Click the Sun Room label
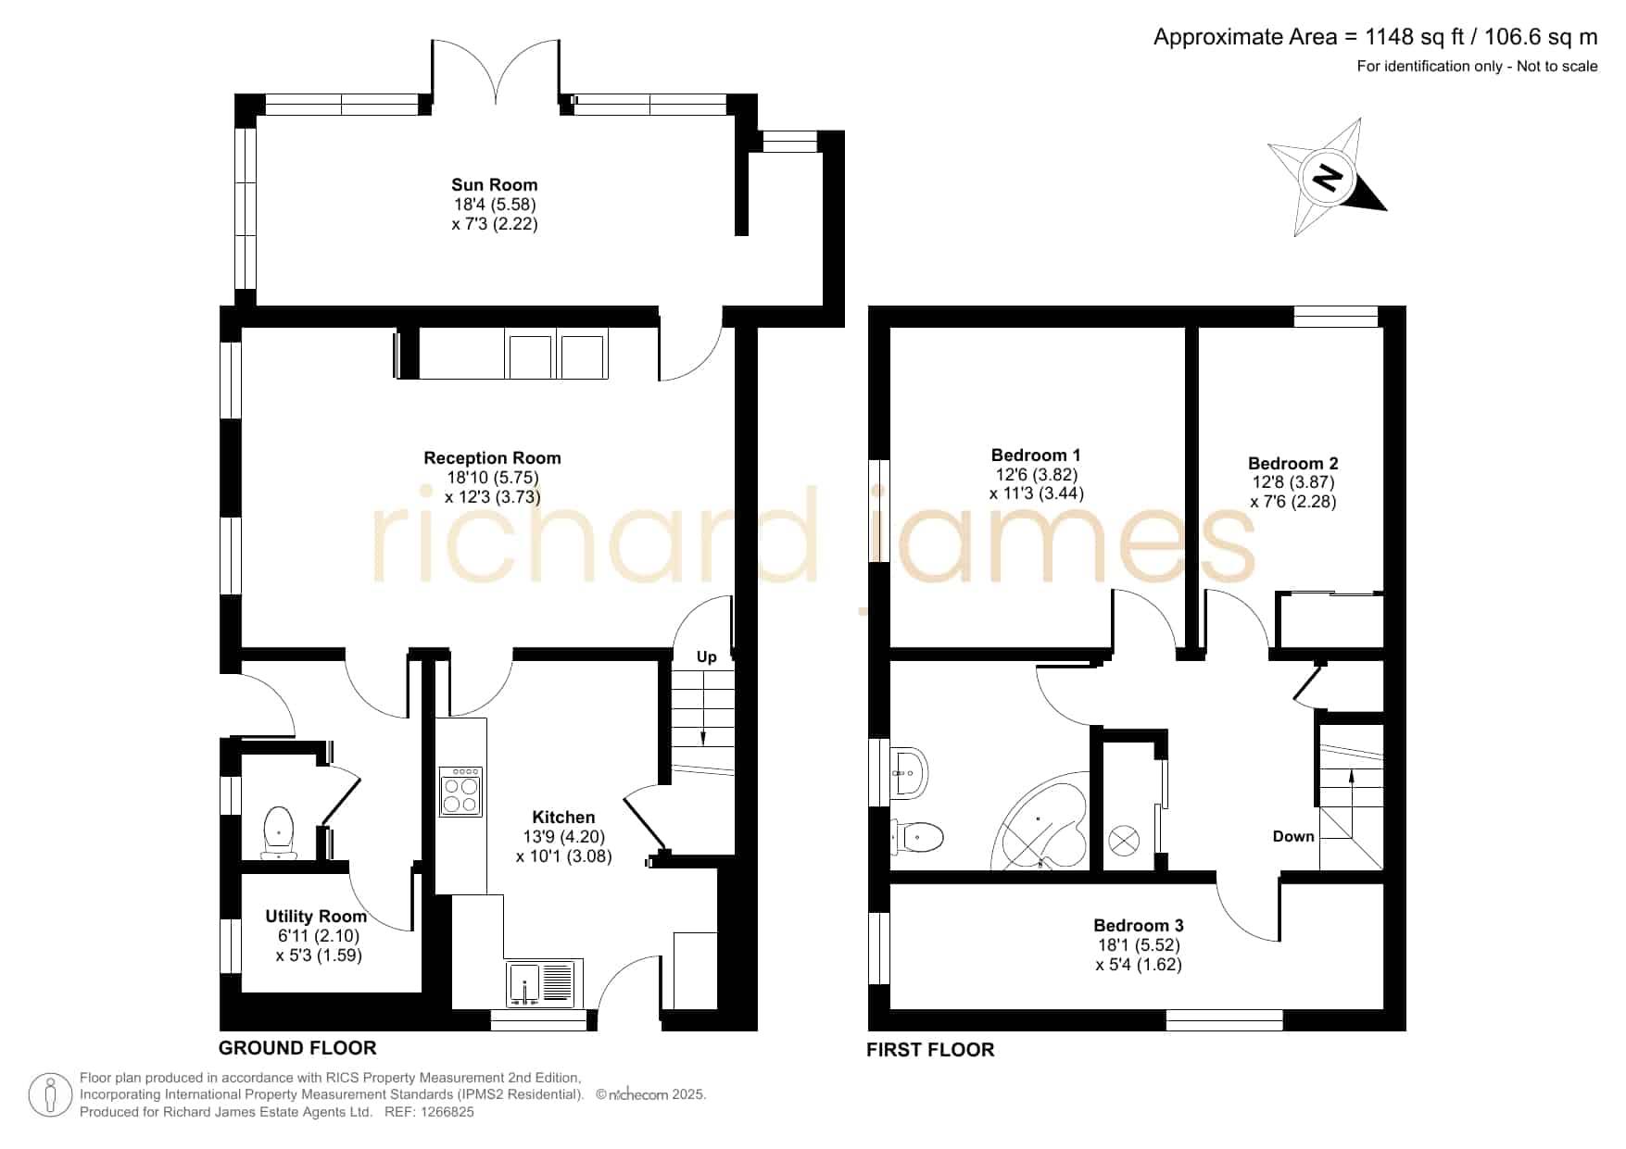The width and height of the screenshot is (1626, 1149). [x=494, y=185]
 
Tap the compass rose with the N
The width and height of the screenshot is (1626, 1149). [x=1328, y=177]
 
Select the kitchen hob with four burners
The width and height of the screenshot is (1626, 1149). [x=460, y=792]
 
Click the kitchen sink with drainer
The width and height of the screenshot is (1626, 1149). [x=541, y=983]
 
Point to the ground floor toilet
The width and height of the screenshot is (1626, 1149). [x=279, y=831]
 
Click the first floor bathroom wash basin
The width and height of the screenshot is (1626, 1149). [x=910, y=771]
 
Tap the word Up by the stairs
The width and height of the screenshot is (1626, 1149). [x=706, y=657]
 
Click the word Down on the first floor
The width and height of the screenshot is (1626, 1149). [x=1293, y=836]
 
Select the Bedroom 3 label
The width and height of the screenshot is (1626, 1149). [x=1139, y=925]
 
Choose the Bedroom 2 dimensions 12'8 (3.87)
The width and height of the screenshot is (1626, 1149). [x=1292, y=482]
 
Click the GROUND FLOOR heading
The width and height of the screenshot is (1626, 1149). [x=297, y=1048]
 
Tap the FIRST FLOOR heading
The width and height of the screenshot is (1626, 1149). [x=930, y=1049]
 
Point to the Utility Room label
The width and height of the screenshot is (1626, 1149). [x=316, y=917]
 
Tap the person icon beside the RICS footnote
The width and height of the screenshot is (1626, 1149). [x=50, y=1095]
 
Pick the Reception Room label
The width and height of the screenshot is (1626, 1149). [x=492, y=458]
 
